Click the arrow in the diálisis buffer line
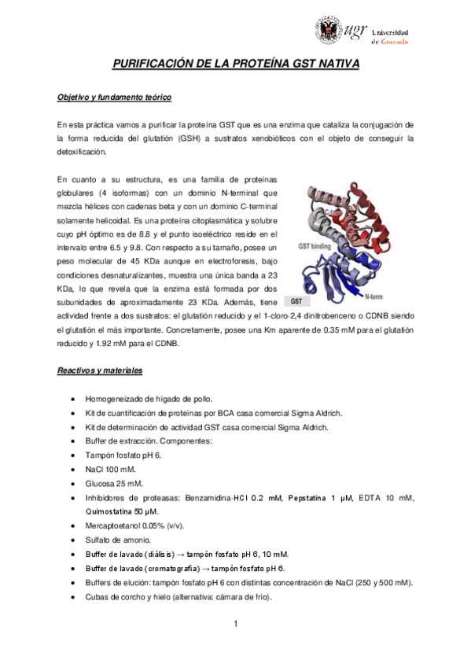click(190, 554)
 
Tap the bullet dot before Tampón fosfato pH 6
click(73, 455)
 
